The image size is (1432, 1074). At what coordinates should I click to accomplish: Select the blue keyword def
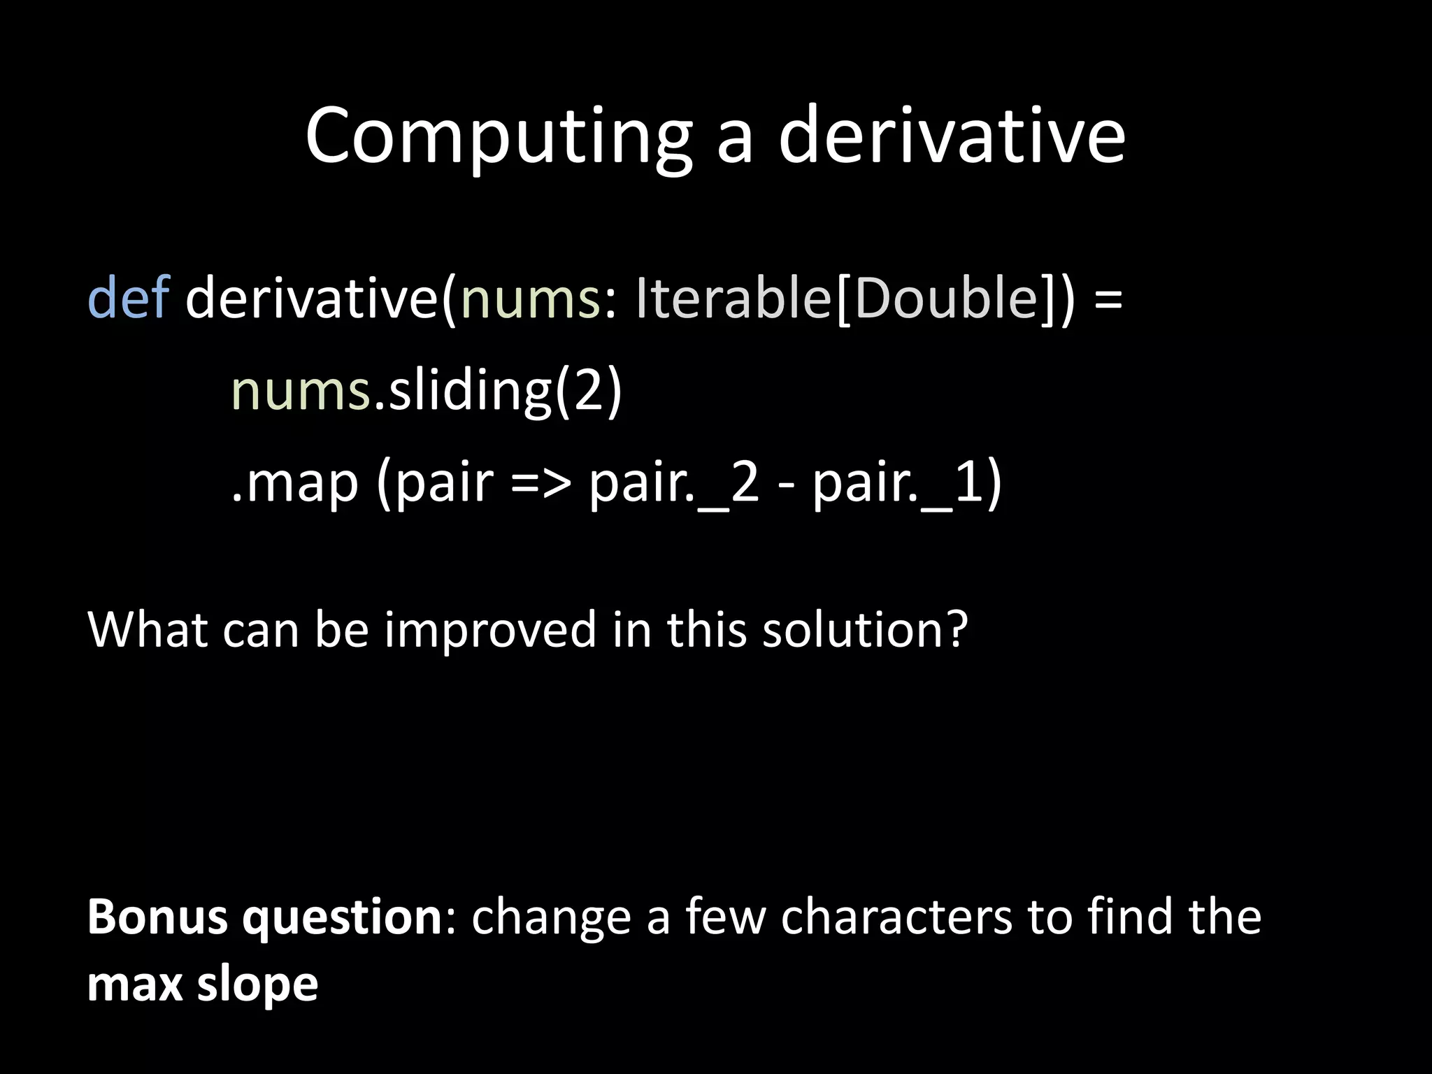(x=129, y=298)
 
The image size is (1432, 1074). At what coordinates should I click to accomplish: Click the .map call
(x=294, y=484)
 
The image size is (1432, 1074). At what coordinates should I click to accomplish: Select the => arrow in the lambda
(x=540, y=484)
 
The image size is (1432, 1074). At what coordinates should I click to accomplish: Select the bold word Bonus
(x=158, y=917)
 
